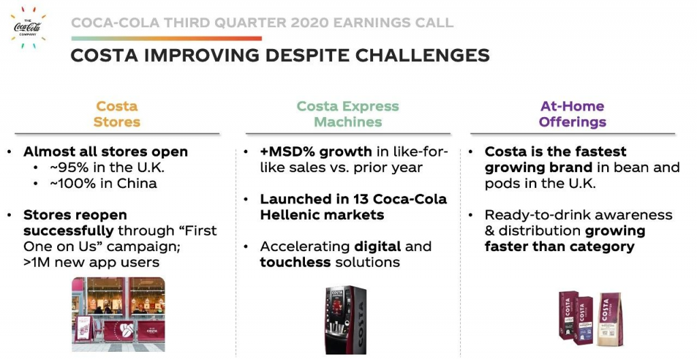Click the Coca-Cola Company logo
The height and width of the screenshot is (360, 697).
[x=28, y=27]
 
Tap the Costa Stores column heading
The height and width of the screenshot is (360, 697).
[x=117, y=114]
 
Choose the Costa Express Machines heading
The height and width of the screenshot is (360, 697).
[x=348, y=114]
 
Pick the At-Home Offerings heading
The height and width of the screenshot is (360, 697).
[x=572, y=114]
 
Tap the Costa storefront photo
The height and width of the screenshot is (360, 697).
[x=118, y=314]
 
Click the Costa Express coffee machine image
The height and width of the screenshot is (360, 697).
[x=346, y=320]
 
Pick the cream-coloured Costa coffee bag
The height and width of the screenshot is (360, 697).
[x=610, y=318]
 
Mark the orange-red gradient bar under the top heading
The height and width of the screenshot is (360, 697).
[x=166, y=39]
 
